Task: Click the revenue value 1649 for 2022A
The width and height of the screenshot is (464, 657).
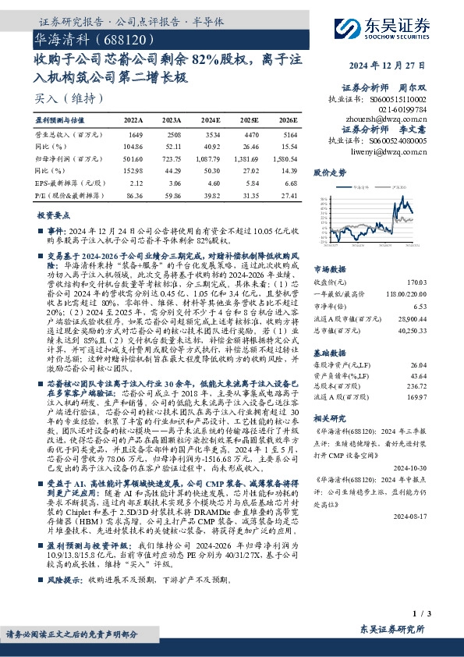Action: tap(134, 134)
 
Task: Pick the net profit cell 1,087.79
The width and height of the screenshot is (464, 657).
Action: tap(211, 157)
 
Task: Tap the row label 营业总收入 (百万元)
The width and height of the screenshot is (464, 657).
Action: tap(63, 134)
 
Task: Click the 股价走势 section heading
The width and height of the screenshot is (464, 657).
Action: tap(328, 171)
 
